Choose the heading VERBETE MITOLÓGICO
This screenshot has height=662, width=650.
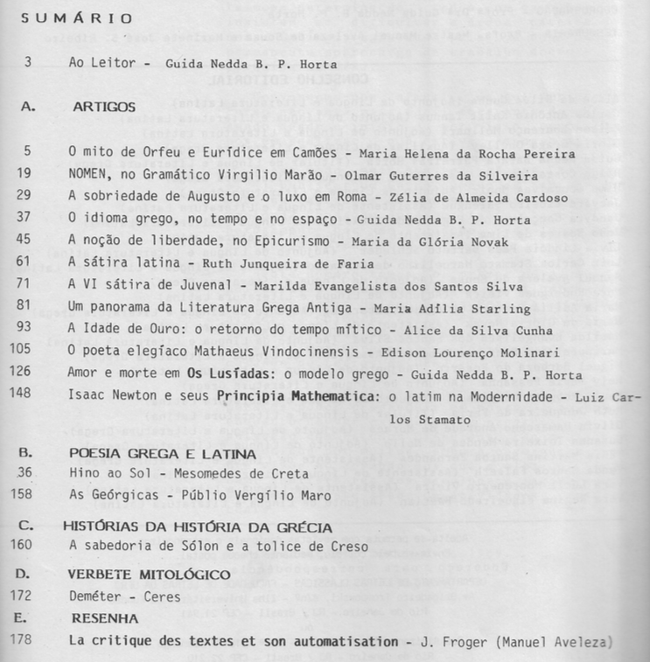[x=149, y=577]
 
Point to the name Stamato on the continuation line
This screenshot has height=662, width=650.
[x=447, y=420]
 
